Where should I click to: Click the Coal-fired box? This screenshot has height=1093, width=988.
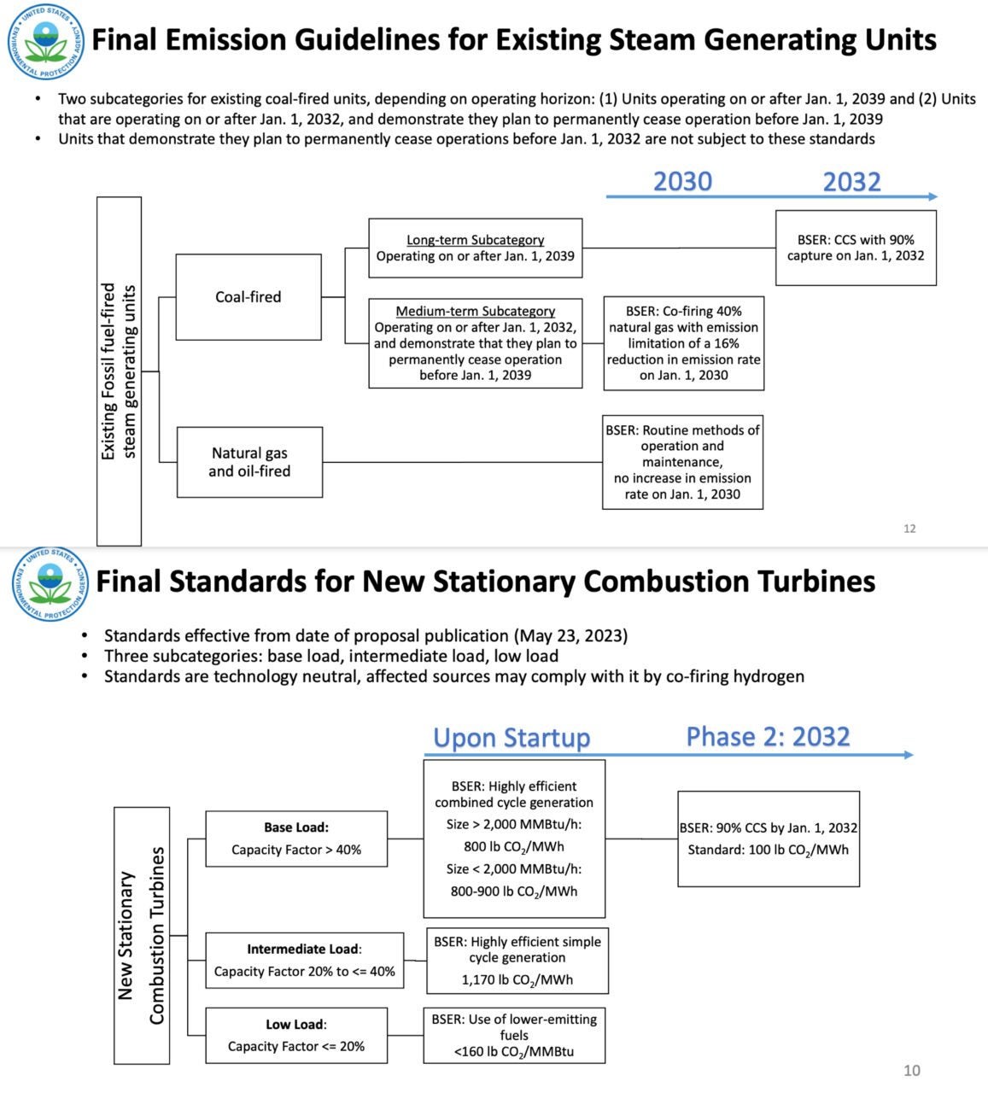tap(248, 297)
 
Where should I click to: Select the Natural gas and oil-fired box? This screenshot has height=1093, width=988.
tap(249, 462)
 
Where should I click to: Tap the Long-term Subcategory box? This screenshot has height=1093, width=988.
tap(475, 248)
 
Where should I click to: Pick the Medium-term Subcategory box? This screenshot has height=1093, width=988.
tap(475, 343)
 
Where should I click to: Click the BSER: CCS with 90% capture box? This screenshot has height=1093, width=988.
tap(856, 248)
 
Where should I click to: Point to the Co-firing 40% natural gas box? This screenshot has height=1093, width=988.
tap(683, 343)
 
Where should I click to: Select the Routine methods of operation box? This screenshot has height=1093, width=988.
tap(682, 462)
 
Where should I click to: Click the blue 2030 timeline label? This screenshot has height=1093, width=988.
tap(682, 181)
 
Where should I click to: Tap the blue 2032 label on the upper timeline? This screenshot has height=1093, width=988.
tap(851, 181)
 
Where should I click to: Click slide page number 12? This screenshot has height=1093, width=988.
tap(909, 529)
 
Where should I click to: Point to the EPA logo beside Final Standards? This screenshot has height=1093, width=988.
tap(50, 584)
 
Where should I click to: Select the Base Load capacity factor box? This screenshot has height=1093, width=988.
tap(296, 839)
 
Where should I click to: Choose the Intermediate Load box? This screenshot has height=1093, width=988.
tap(304, 961)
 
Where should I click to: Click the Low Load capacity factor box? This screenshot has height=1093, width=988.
tap(296, 1035)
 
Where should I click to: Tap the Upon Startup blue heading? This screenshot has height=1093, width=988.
tap(512, 738)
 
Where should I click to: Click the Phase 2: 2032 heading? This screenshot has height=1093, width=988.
tap(768, 737)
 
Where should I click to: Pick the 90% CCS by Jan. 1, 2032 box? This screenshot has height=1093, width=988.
tap(769, 839)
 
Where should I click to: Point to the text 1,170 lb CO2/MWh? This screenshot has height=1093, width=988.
tap(517, 979)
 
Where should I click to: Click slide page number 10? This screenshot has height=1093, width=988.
tap(912, 1071)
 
